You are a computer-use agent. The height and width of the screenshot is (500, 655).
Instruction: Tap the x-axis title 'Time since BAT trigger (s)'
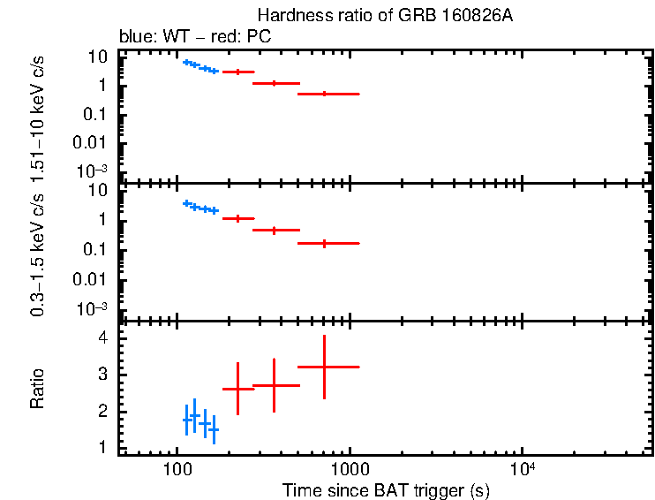pyautogui.click(x=386, y=489)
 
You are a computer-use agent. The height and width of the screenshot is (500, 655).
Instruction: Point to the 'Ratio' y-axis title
pyautogui.click(x=37, y=389)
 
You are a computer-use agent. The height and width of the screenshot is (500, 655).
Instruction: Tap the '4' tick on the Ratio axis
pyautogui.click(x=102, y=338)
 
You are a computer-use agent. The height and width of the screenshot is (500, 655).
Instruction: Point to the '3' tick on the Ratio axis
pyautogui.click(x=102, y=375)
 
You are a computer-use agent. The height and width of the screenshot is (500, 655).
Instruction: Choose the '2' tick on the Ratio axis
pyautogui.click(x=102, y=413)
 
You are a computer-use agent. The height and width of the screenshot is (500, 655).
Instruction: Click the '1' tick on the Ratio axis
pyautogui.click(x=102, y=449)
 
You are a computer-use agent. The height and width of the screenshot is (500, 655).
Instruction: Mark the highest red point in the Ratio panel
pyautogui.click(x=325, y=366)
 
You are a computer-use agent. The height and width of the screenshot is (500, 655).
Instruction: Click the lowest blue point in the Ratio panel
pyautogui.click(x=214, y=429)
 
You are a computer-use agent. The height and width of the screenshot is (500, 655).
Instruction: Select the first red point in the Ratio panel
pyautogui.click(x=237, y=389)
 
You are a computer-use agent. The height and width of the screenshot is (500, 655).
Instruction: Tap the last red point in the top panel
pyautogui.click(x=325, y=94)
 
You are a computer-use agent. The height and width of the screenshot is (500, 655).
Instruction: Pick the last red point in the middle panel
pyautogui.click(x=325, y=243)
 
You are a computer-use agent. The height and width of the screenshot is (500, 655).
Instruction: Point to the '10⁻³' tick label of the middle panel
pyautogui.click(x=93, y=307)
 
